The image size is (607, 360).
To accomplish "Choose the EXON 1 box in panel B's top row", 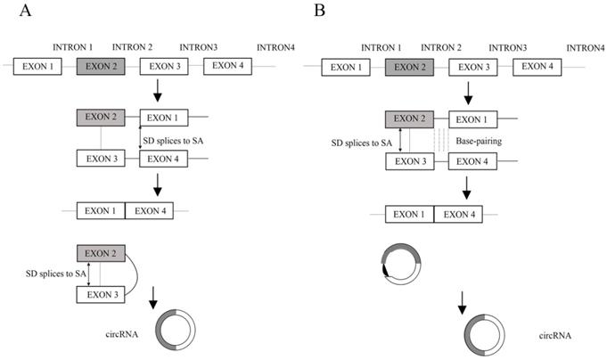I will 342,67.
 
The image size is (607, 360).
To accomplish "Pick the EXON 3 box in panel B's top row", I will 473,67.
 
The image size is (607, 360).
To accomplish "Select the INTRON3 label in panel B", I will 507,46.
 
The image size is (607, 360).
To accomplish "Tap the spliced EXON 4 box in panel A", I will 150,211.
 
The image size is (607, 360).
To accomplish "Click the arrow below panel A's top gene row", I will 157,90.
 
